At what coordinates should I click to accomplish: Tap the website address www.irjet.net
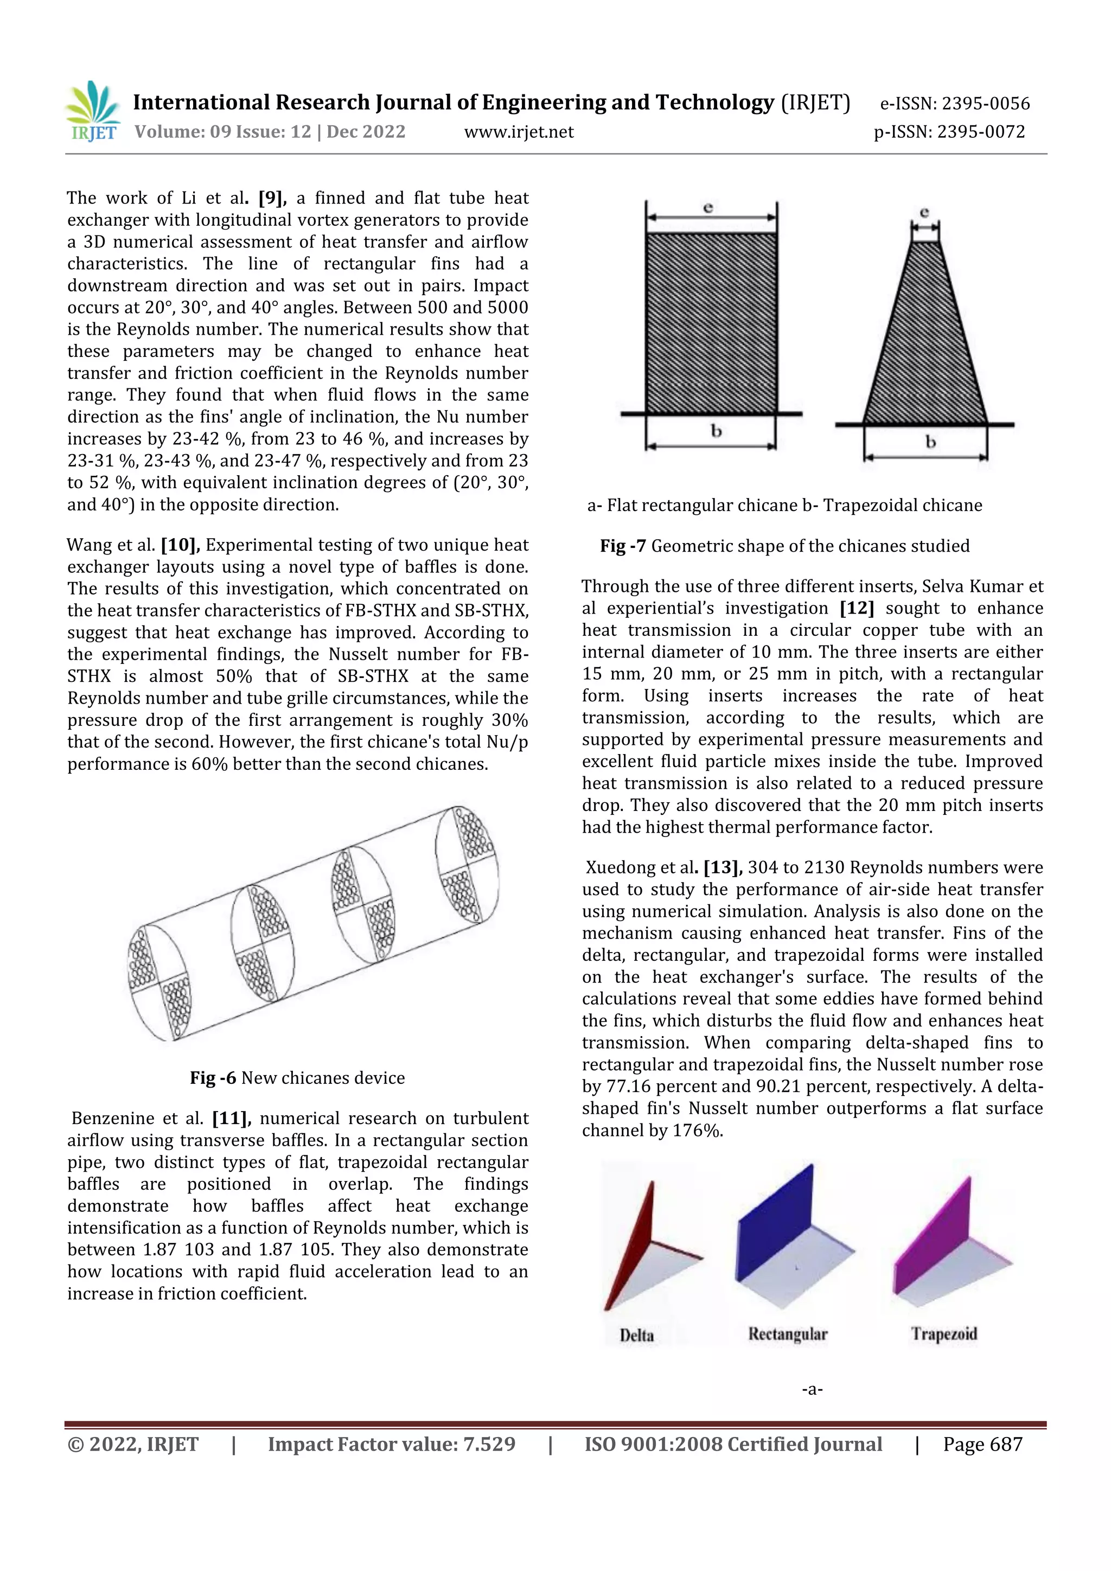pyautogui.click(x=519, y=132)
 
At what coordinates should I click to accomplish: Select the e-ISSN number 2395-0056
pyautogui.click(x=985, y=104)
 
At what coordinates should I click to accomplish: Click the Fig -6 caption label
pyautogui.click(x=213, y=1078)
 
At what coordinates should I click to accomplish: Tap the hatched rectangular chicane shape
pyautogui.click(x=711, y=323)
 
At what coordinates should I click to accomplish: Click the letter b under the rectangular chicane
pyautogui.click(x=716, y=432)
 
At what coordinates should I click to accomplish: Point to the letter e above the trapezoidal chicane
pyautogui.click(x=924, y=213)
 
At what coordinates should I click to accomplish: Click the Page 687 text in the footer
pyautogui.click(x=982, y=1445)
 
